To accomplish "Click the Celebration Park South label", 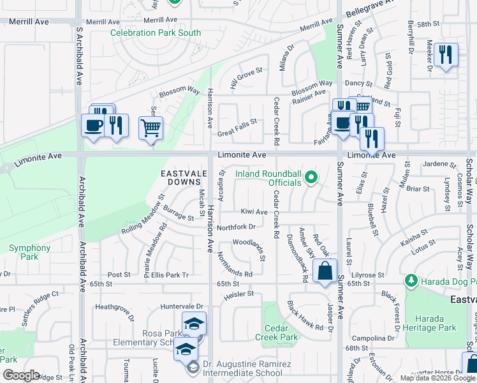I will coord(156,33).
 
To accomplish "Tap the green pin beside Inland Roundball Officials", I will coord(311,177).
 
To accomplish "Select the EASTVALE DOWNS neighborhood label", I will coord(185,178).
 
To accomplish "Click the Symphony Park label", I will coord(29,252).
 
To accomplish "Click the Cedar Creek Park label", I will coord(281,333).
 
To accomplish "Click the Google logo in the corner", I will coord(20,375).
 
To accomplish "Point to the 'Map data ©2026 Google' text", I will coord(438,378).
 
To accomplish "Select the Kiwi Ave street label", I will coord(254,212).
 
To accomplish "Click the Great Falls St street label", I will coord(237,121).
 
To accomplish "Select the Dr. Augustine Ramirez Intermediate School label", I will coord(243,368).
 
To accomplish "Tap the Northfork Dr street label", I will coord(236,227).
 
